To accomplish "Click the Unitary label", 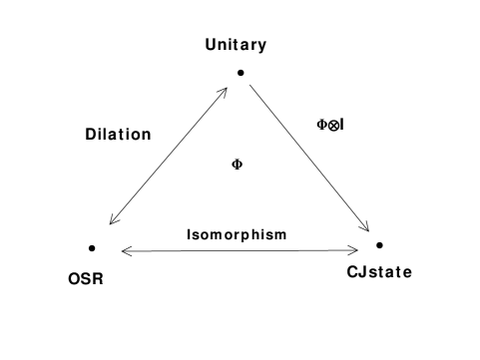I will pyautogui.click(x=237, y=45).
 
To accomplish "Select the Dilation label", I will pyautogui.click(x=119, y=135).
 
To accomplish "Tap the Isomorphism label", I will pyautogui.click(x=238, y=235).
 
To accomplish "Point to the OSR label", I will pyautogui.click(x=86, y=279).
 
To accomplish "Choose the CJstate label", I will pyautogui.click(x=380, y=272).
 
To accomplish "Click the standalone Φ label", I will pyautogui.click(x=238, y=165).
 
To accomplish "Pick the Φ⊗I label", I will pyautogui.click(x=331, y=125).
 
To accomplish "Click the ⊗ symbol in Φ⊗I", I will pyautogui.click(x=333, y=125).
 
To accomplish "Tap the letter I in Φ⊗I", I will pyautogui.click(x=342, y=125).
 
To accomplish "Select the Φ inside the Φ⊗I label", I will pyautogui.click(x=322, y=125).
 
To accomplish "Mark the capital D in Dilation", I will pyautogui.click(x=91, y=135).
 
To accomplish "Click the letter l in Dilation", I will pyautogui.click(x=109, y=135).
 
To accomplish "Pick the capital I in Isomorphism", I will pyautogui.click(x=190, y=235).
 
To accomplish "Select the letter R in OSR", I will pyautogui.click(x=99, y=279).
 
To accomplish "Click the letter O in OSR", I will pyautogui.click(x=74, y=279).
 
